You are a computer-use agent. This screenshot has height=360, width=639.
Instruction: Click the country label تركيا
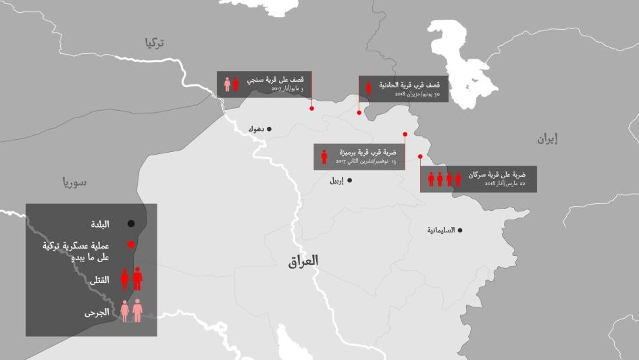154,43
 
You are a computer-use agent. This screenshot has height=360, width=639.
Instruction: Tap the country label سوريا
75,182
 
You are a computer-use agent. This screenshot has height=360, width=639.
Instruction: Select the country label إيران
548,139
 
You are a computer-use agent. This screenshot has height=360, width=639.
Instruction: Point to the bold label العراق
303,261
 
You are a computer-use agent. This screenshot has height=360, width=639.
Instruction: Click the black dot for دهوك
269,128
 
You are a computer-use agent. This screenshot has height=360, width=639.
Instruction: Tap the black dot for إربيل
349,180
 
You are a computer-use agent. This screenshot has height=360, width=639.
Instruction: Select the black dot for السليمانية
460,230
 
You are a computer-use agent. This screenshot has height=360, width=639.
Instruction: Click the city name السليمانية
440,230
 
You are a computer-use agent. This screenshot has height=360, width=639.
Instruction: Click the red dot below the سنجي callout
311,108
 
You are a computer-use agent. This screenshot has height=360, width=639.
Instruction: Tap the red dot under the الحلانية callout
359,113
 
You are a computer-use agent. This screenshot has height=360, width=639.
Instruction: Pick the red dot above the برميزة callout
405,134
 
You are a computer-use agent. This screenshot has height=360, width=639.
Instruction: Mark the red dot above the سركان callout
420,157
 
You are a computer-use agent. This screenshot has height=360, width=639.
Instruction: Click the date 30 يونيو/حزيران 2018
418,95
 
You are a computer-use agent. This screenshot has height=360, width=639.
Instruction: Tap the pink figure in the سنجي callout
228,84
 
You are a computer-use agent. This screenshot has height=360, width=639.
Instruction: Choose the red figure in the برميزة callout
324,157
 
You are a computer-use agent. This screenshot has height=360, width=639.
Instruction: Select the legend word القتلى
99,280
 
